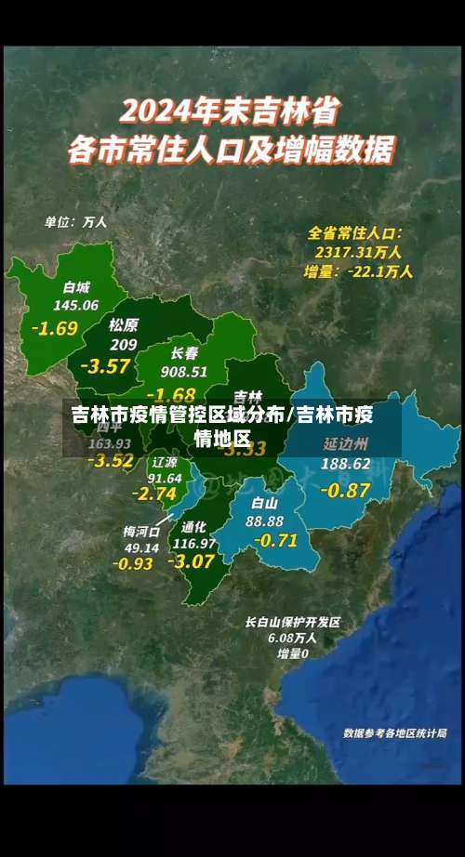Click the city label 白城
(76, 287)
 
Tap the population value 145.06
(76, 305)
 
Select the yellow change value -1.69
(55, 328)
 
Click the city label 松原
(123, 325)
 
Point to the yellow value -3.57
(105, 366)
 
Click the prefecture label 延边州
(346, 443)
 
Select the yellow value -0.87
(345, 489)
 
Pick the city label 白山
(265, 503)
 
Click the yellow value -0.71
(274, 540)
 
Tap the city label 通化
(194, 526)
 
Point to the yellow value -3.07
(192, 561)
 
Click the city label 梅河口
(141, 532)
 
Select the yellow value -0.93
(133, 563)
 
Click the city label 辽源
(165, 462)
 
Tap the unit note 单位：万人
(76, 222)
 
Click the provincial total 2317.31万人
(357, 252)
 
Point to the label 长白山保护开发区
(293, 622)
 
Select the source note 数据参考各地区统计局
(394, 733)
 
